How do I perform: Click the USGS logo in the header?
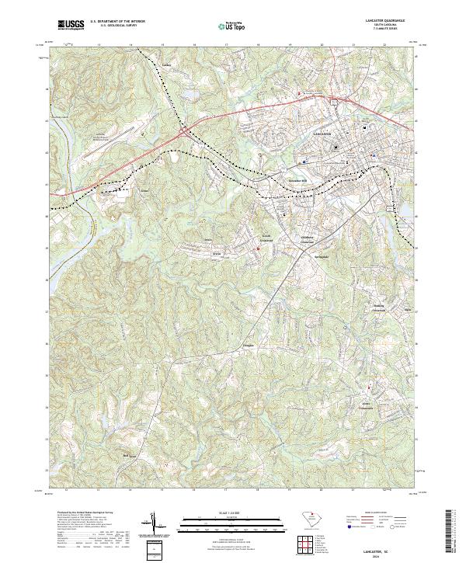71,25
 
